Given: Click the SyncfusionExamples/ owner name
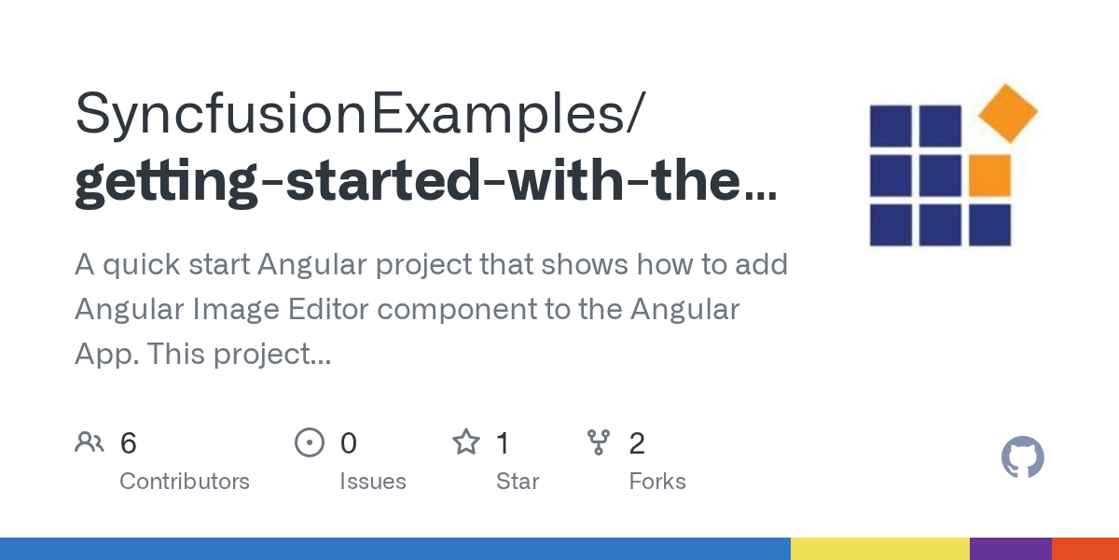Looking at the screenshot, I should pos(359,113).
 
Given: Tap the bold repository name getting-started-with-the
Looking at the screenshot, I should pos(424,181).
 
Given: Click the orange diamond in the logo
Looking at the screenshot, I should pos(1007,113).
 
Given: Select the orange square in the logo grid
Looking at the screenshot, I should pos(989,175).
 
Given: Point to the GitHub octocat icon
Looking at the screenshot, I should pos(1023,458).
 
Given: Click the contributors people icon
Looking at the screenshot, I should pos(90,442).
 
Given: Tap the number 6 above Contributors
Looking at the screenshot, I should pos(129,443).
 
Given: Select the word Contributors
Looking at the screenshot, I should pos(185,482).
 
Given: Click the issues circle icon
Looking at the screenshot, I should pos(309,442).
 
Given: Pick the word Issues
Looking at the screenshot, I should pos(373,482).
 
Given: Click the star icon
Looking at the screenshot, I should pos(465,442).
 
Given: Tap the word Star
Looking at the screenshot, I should pos(518,482).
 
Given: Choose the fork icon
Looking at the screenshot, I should pos(598,442).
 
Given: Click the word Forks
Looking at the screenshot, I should pos(657,482).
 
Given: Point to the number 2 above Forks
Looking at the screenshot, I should pos(637,443).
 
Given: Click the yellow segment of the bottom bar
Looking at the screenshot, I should pos(879,549).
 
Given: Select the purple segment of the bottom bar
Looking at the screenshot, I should pos(1010,549).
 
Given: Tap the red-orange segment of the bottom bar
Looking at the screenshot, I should pos(1084,549).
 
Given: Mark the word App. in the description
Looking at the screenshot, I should pos(105,354).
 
